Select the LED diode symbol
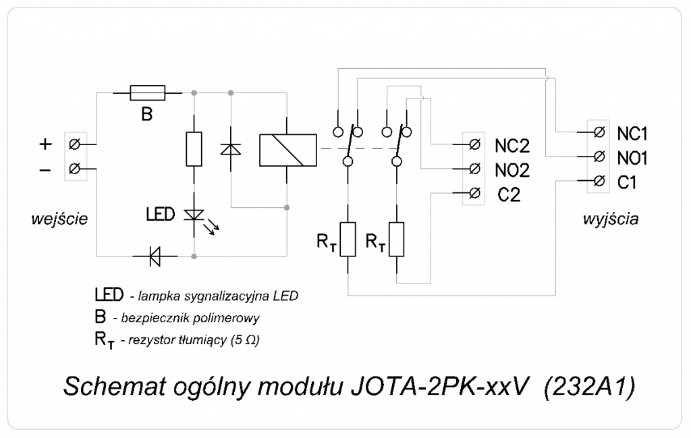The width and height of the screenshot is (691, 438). [x=195, y=215]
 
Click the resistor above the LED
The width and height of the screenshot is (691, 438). [x=194, y=148]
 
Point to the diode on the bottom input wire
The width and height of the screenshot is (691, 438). [x=154, y=256]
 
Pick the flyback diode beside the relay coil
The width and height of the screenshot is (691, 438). [x=231, y=149]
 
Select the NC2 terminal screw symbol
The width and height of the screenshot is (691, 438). [x=474, y=144]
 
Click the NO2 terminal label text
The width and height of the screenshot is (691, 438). [x=512, y=169]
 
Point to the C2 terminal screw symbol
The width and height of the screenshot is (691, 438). [x=474, y=192]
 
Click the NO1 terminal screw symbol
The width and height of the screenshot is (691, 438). [x=598, y=157]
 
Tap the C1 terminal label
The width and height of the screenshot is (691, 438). [x=627, y=182]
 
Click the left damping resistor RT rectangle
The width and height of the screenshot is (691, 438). [x=348, y=239]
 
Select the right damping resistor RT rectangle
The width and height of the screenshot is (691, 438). [x=397, y=239]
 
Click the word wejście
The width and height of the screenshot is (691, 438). [x=59, y=219]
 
